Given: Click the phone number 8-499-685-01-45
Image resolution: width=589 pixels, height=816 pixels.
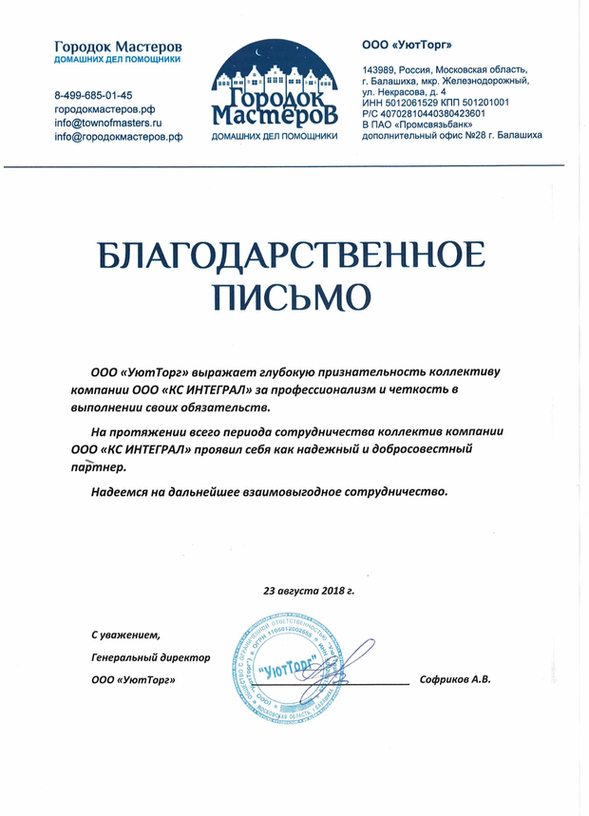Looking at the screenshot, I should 93,96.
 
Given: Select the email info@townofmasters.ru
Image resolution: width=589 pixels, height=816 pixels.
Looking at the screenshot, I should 108,123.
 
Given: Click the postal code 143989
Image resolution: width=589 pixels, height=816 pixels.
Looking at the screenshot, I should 382,69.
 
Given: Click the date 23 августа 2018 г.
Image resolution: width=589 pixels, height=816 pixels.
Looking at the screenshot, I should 309,590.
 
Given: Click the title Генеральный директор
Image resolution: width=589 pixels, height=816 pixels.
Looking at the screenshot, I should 150,656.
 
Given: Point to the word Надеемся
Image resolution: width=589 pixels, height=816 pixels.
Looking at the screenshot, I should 121,492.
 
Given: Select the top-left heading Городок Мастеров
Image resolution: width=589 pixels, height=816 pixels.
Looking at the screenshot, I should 118,46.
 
